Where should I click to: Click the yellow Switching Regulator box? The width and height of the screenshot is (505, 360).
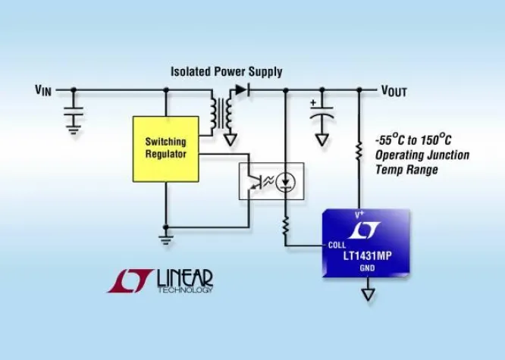coord(165,149)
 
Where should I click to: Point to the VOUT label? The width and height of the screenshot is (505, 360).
coord(394,91)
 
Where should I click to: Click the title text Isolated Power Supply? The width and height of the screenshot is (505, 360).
coord(226,72)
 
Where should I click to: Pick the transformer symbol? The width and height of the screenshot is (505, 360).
coord(220,112)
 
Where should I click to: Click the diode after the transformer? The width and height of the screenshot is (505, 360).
coord(240,89)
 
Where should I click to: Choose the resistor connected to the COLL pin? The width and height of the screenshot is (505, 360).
coord(286,226)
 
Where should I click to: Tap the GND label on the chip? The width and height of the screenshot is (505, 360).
coord(367,267)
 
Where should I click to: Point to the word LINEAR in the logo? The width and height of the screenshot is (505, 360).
coord(185,278)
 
